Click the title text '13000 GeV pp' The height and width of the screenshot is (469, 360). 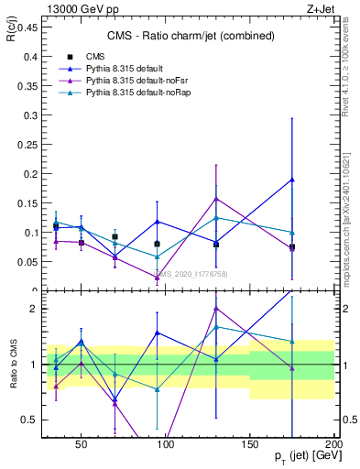(x=58, y=7)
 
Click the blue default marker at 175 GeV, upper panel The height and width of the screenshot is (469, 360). (x=292, y=180)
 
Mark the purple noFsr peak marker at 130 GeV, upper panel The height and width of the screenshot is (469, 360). (x=216, y=199)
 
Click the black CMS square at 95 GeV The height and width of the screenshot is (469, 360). (x=158, y=244)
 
